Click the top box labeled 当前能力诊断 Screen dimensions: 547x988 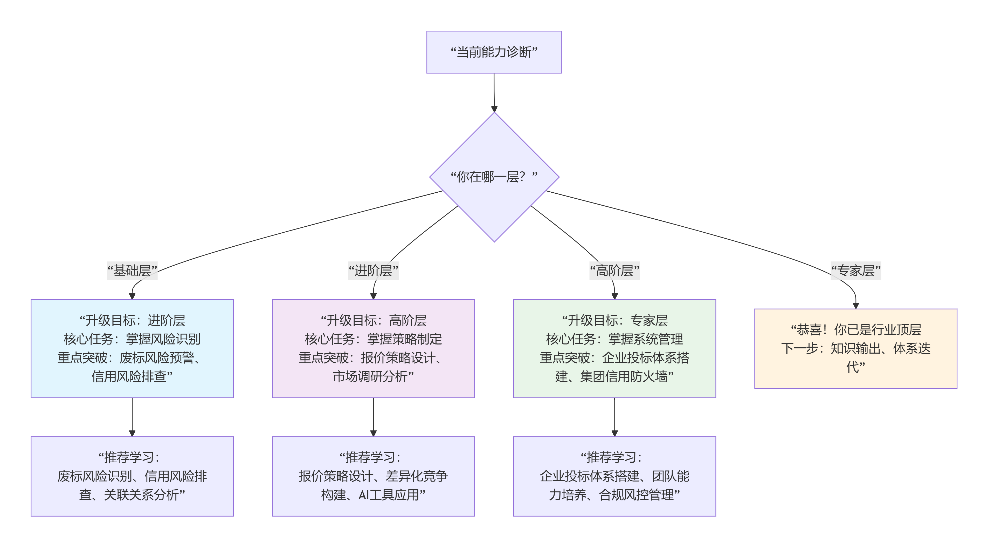494,52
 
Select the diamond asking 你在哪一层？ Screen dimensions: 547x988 494,177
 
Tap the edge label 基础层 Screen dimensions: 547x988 132,271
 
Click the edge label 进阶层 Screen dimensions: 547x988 373,271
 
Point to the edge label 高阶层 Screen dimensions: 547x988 614,271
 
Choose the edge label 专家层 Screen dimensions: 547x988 856,271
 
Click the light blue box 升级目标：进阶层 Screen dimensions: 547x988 132,348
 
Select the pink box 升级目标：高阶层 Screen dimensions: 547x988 373,348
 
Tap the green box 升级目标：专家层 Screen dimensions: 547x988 614,348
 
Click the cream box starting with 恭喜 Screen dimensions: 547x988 856,348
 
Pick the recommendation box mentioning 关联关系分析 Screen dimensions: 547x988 132,476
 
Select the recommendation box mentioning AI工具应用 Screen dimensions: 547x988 373,476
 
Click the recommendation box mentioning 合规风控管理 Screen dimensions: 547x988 614,476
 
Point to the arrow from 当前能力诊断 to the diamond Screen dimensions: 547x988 494,92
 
